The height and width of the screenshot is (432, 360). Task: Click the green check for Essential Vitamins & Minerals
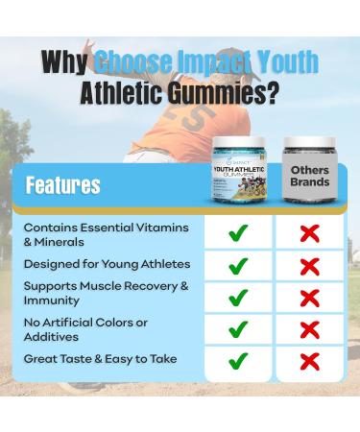239,233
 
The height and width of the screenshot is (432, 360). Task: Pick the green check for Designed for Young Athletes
239,265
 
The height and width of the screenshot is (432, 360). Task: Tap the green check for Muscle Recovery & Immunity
239,297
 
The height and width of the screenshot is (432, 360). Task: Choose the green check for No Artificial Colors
239,329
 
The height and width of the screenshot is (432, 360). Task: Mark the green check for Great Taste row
239,361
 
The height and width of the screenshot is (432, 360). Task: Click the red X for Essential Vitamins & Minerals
309,233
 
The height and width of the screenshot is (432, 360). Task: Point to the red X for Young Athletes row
309,265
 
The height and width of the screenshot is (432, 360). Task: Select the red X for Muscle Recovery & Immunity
309,297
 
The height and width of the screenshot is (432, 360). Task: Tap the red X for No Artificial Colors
309,329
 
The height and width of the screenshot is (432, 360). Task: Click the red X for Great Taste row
309,361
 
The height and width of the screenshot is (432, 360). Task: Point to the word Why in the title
65,61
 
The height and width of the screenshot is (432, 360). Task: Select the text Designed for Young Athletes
107,263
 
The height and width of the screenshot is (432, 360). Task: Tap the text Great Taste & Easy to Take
101,358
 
